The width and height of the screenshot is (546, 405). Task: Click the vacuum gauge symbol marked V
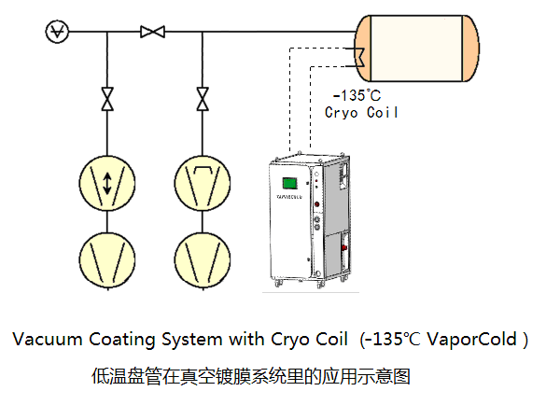57,33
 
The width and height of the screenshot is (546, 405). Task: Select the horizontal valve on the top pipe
152,33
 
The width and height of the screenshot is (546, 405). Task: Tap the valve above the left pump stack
107,97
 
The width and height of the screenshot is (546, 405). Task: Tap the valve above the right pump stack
202,97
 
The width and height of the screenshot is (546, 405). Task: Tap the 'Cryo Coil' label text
362,112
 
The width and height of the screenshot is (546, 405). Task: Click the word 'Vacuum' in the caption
44,339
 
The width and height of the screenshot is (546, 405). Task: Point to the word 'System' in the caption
189,339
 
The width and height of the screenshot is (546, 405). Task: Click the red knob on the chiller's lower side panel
345,250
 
